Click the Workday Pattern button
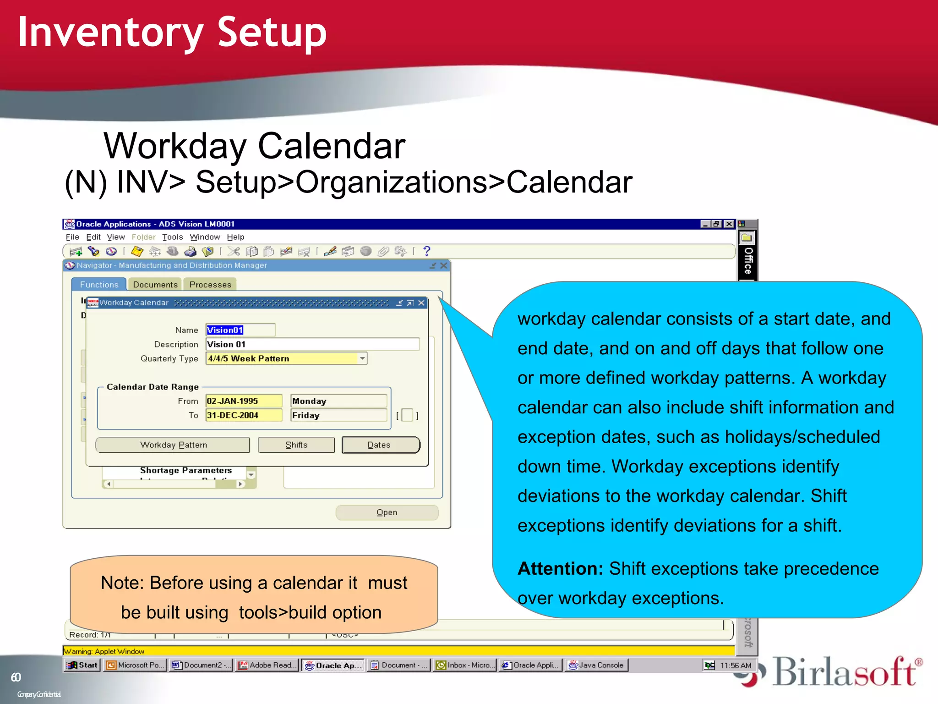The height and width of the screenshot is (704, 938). point(173,445)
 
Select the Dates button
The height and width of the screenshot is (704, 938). point(380,445)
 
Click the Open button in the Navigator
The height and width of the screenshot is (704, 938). point(387,512)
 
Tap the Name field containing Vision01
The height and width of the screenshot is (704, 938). point(240,330)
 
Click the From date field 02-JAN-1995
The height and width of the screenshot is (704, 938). point(243,401)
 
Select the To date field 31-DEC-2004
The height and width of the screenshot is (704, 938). point(243,415)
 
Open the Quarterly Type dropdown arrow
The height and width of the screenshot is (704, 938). point(362,358)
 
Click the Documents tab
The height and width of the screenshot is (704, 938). point(155,285)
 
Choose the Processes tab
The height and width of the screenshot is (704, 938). point(210,285)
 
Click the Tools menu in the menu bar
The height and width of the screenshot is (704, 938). point(172,237)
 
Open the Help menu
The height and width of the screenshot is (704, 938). point(235,237)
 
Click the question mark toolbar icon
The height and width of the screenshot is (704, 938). point(427,251)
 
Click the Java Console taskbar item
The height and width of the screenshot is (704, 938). point(596,665)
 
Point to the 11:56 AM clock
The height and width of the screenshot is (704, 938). point(735,665)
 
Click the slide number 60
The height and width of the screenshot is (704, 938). point(16,677)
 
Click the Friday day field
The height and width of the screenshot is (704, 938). point(338,415)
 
